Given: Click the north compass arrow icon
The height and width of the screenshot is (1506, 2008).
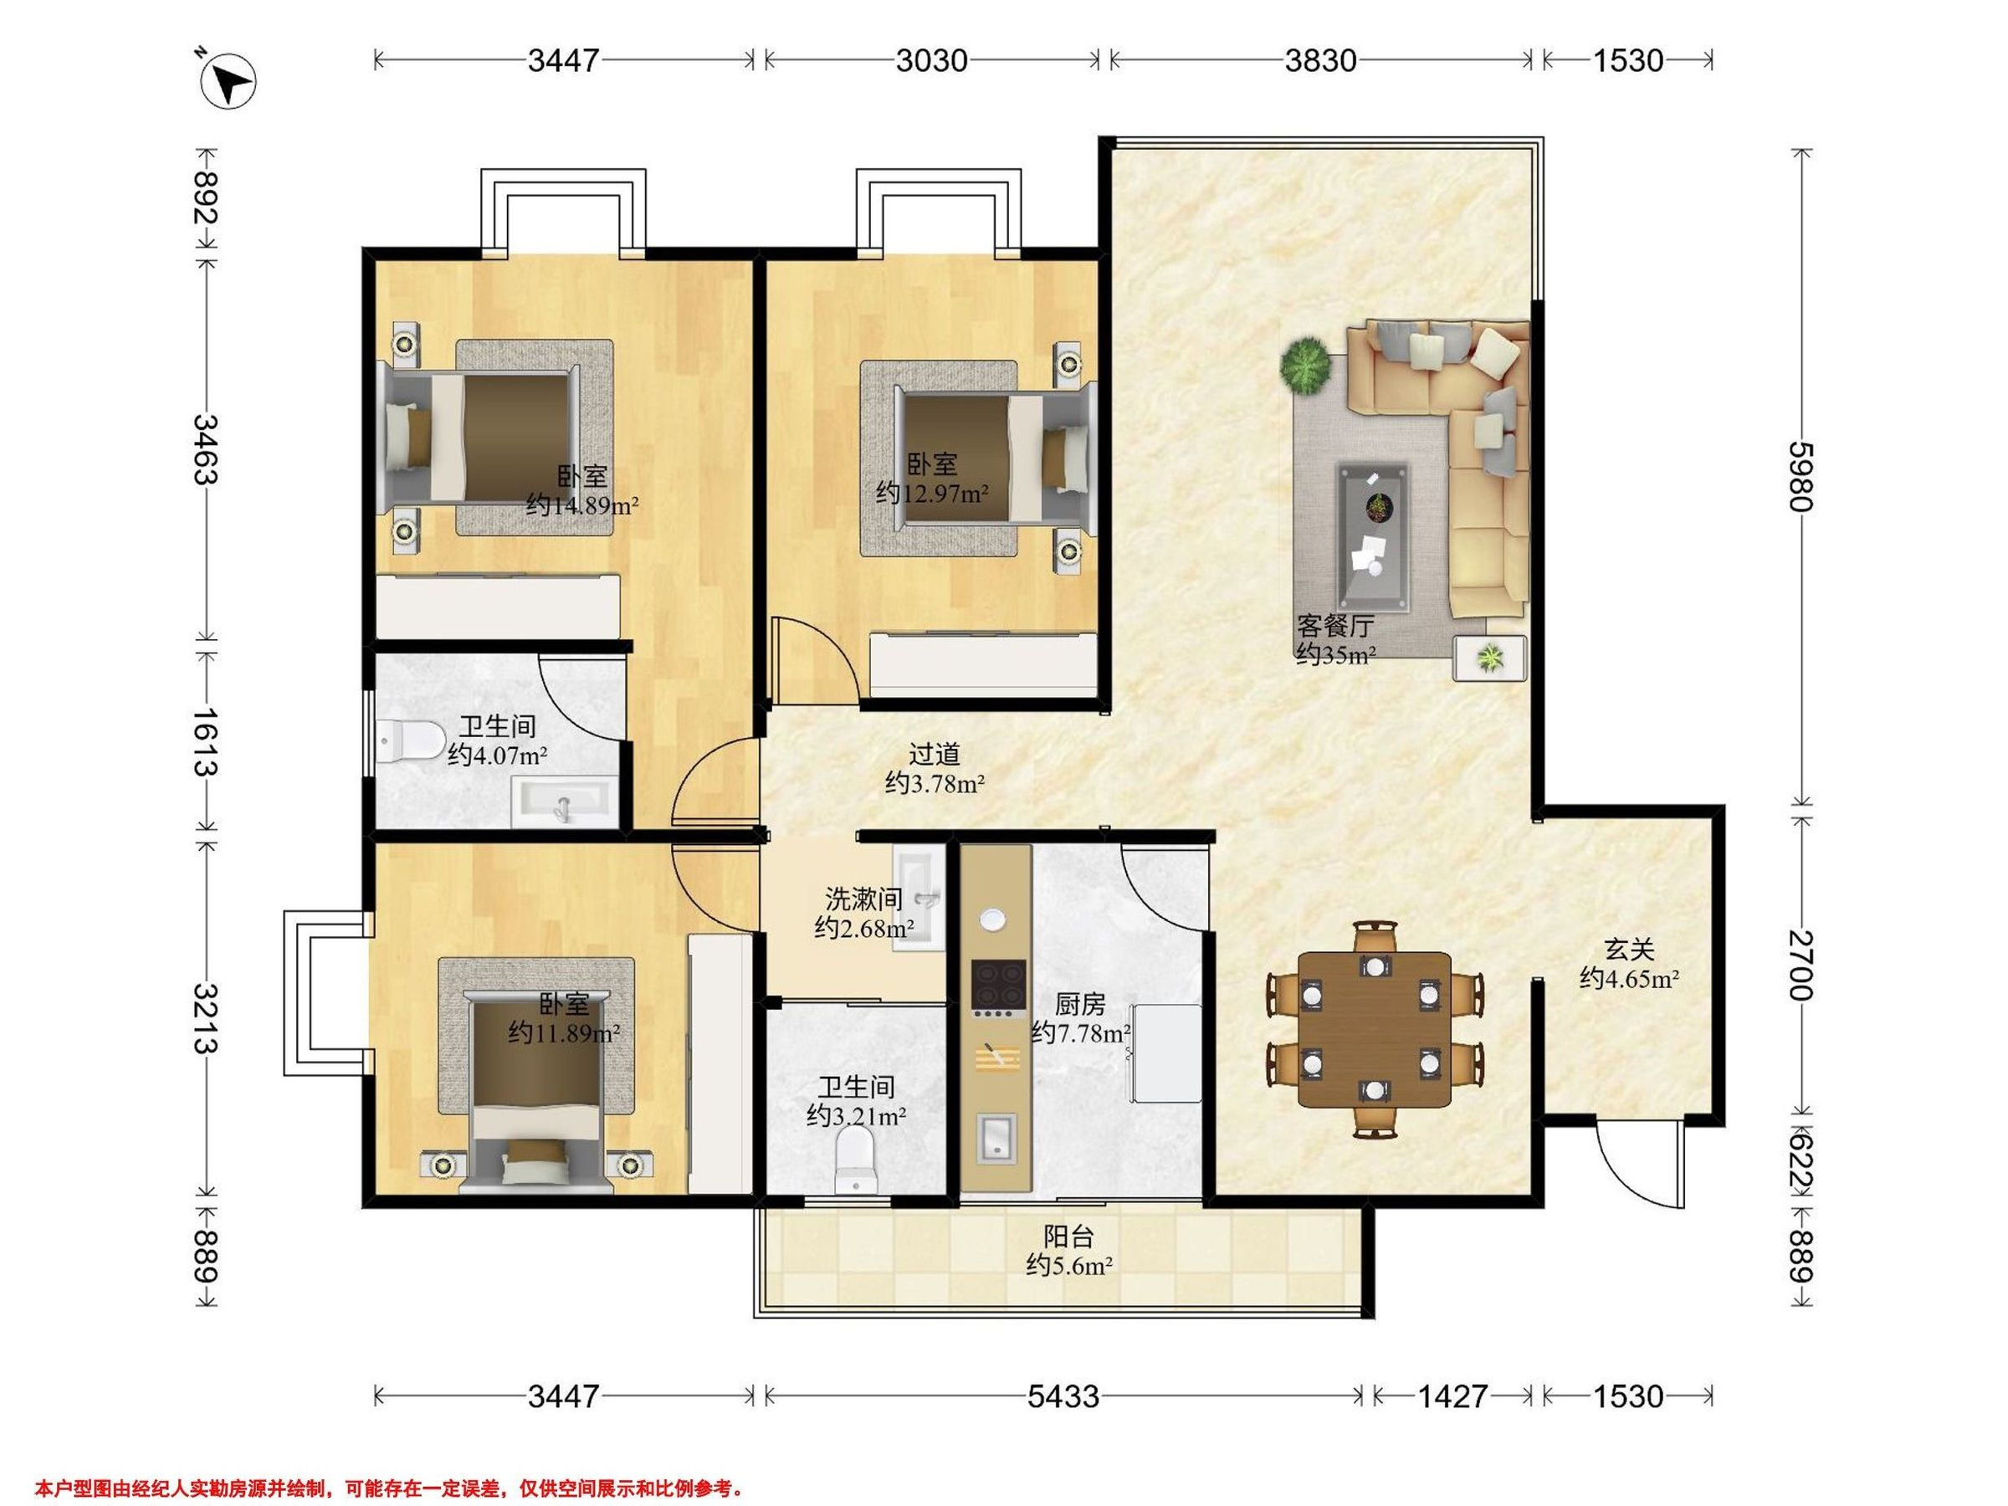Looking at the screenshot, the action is (228, 82).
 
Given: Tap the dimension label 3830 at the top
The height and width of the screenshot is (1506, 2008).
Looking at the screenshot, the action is (1321, 61).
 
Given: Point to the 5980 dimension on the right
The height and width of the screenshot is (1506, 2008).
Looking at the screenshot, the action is (1801, 477).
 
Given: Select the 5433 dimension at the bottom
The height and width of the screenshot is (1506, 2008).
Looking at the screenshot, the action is (1063, 1396).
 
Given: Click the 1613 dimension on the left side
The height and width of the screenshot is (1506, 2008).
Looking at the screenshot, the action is (206, 741).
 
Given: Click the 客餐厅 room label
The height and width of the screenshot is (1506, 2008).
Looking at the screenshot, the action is (1335, 626).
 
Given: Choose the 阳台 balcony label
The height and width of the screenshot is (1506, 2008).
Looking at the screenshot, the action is (1068, 1236).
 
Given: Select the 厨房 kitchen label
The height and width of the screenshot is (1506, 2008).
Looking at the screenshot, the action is (1080, 1004).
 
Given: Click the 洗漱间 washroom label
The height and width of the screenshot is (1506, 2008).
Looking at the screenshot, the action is (863, 899).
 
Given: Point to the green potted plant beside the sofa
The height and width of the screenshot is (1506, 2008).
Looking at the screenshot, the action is (1305, 365).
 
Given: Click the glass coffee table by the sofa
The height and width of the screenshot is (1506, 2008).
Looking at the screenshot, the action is (1373, 538).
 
